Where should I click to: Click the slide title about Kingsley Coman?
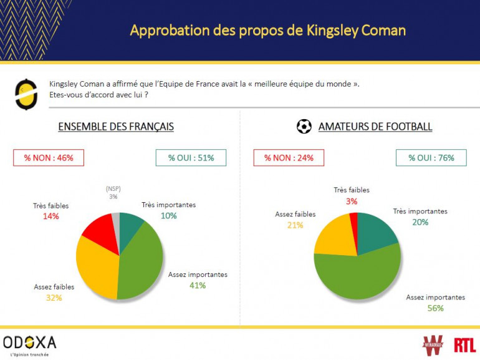click(x=267, y=30)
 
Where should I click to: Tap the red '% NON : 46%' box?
click(x=49, y=158)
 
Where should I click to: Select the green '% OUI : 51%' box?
click(x=191, y=158)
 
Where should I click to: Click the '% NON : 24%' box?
click(x=289, y=158)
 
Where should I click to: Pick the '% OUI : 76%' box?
click(x=431, y=158)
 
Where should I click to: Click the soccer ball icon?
click(x=304, y=127)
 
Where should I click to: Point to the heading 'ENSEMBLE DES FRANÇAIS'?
click(x=116, y=127)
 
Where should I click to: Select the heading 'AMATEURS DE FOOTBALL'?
click(x=375, y=127)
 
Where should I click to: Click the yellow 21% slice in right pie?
click(x=333, y=236)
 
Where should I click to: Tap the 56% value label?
click(x=435, y=308)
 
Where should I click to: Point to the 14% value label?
click(x=51, y=216)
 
